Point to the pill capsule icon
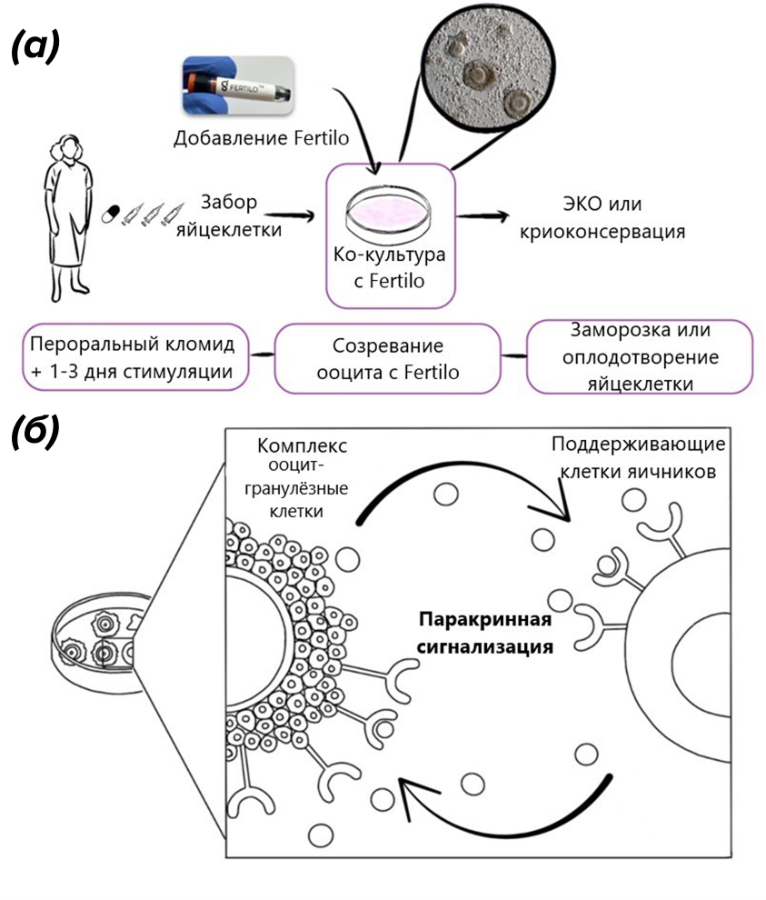pos(110,214)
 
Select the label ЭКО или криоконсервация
pos(601,216)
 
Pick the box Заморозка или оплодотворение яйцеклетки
pos(641,356)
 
